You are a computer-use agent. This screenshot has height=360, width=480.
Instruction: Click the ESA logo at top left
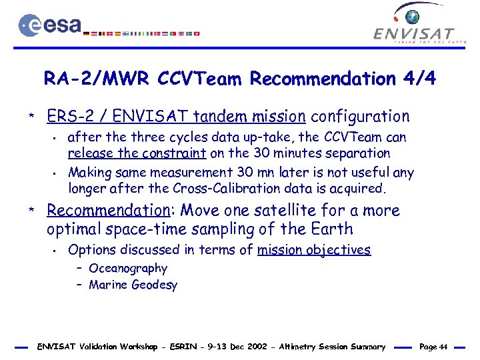click(50, 25)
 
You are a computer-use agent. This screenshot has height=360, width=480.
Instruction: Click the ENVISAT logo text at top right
click(414, 33)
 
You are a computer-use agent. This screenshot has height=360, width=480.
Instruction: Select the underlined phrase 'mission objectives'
click(314, 250)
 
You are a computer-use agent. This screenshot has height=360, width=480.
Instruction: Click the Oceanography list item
click(128, 268)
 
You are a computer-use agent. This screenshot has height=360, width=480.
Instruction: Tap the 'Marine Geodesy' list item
click(133, 285)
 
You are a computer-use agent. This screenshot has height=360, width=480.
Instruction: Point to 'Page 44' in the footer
click(434, 347)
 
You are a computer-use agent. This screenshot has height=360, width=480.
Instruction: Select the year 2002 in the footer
click(257, 347)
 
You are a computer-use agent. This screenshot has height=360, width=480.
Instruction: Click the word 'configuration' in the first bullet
click(361, 117)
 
